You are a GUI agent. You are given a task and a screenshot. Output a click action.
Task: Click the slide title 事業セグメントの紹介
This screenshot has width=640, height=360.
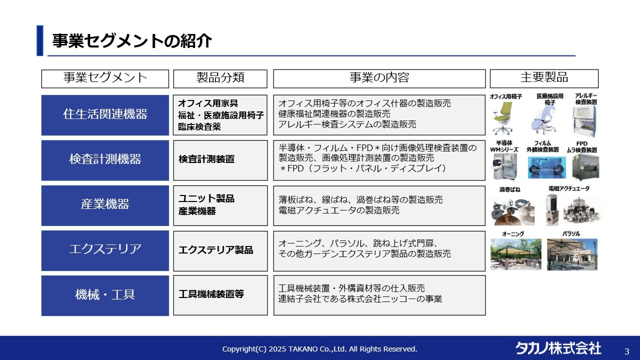[x=132, y=41]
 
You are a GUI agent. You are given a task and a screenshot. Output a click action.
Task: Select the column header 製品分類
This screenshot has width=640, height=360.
[x=220, y=78]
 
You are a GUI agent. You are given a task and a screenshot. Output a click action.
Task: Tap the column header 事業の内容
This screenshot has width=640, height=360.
[x=379, y=78]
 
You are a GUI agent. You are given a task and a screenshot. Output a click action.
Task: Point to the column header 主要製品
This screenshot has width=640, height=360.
[x=544, y=78]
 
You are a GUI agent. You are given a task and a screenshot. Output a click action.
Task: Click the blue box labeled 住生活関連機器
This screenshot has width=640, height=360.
[x=105, y=114]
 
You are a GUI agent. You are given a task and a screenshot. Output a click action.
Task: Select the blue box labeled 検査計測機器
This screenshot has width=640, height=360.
[x=105, y=159]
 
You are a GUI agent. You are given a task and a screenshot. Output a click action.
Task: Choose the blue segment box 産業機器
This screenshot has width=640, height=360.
[x=105, y=205]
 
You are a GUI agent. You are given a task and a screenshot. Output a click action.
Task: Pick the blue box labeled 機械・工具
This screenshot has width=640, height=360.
[x=105, y=295]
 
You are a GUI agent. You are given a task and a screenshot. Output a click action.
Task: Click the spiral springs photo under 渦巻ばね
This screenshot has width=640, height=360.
[x=512, y=209]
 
